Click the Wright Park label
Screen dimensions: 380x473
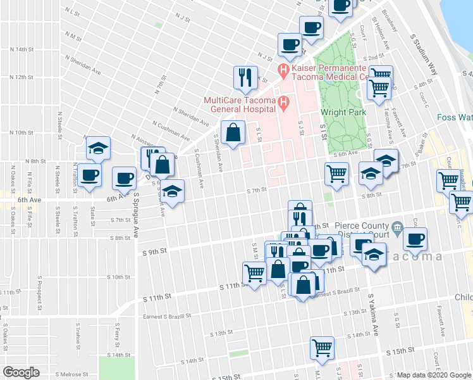343,112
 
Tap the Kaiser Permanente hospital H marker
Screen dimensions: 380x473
284,68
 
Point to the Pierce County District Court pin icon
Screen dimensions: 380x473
397,226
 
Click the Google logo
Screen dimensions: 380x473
21,372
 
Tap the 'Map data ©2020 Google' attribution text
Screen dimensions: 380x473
434,375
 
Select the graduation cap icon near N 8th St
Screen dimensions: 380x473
98,148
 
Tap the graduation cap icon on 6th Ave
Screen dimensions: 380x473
170,191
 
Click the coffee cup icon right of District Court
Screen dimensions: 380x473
415,239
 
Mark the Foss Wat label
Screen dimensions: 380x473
455,117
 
